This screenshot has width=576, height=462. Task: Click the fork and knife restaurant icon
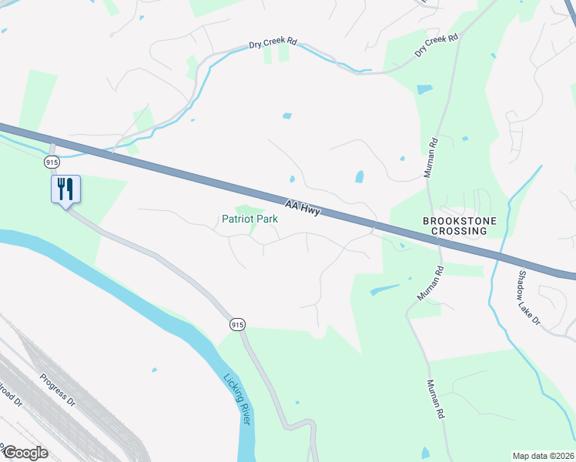click(65, 188)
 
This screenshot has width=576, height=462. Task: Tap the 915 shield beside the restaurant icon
click(52, 162)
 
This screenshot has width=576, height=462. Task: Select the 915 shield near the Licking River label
click(237, 325)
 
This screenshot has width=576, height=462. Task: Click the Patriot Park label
click(249, 219)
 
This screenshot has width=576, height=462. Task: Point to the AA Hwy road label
click(301, 209)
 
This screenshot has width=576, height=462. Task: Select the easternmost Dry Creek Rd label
click(436, 45)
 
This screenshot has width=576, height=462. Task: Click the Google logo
click(25, 452)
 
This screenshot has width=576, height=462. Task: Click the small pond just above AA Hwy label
click(292, 179)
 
